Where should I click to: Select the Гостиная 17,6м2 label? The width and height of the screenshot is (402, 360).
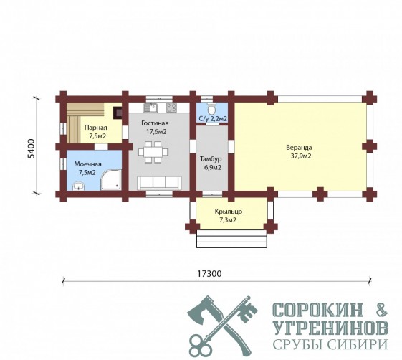tap(155, 128)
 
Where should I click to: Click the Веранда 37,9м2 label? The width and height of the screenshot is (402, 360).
tap(299, 152)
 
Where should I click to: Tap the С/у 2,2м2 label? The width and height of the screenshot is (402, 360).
tap(213, 119)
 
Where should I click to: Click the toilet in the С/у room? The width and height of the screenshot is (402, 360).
tap(212, 109)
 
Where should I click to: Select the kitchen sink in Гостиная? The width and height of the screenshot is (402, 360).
tap(150, 108)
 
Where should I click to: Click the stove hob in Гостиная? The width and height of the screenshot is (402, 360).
tap(171, 108)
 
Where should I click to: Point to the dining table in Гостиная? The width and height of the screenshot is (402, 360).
tap(153, 152)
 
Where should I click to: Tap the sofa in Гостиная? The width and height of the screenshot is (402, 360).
tap(159, 183)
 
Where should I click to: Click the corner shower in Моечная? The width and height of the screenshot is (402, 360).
tap(111, 179)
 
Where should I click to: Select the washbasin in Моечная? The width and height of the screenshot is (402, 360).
tap(78, 186)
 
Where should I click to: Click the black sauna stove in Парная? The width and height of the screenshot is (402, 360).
tap(118, 113)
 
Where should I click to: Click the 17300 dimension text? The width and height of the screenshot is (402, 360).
tap(209, 274)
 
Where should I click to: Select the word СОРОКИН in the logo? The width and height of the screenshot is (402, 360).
tap(319, 310)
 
